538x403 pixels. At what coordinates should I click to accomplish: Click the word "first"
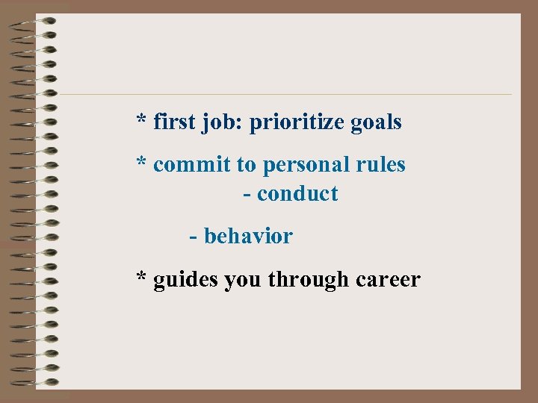click(x=174, y=122)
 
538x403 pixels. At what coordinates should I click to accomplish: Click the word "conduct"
click(x=297, y=194)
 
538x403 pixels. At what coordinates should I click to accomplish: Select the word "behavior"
click(x=248, y=237)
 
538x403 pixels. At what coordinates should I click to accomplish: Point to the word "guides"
click(x=186, y=281)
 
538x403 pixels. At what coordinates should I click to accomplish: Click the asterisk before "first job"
click(x=141, y=119)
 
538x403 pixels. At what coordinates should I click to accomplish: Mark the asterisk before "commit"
click(x=141, y=162)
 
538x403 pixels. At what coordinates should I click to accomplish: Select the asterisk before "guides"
click(x=141, y=278)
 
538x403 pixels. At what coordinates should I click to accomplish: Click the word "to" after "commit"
click(x=247, y=165)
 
